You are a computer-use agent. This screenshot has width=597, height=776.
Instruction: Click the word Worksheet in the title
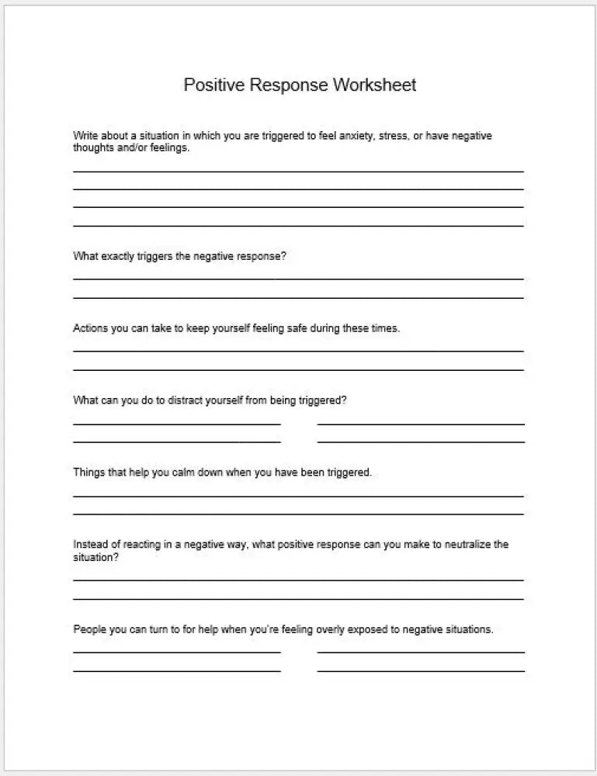click(x=375, y=85)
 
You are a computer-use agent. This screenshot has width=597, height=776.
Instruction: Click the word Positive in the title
click(x=214, y=85)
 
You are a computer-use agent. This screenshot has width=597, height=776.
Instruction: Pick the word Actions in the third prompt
click(x=91, y=328)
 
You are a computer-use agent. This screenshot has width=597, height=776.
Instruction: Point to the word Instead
click(x=90, y=544)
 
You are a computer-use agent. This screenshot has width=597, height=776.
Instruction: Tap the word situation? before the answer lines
click(x=95, y=556)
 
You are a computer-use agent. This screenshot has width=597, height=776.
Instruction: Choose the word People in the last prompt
click(x=90, y=629)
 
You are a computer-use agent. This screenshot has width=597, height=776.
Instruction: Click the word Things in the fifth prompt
click(x=89, y=472)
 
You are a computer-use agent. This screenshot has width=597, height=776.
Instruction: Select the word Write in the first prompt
click(x=85, y=136)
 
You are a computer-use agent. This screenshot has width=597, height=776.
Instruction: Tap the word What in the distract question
click(x=85, y=400)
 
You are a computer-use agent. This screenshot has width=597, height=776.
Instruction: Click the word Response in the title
click(x=290, y=85)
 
